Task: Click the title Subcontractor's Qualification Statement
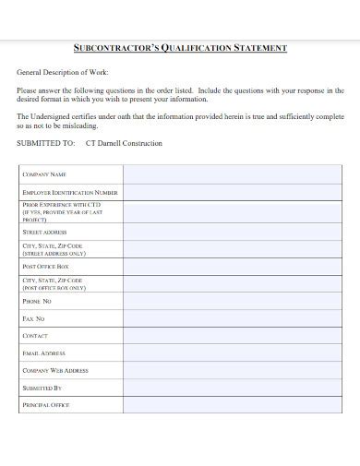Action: pyautogui.click(x=180, y=48)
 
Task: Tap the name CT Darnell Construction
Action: pyautogui.click(x=123, y=144)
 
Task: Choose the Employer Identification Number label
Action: pyautogui.click(x=70, y=193)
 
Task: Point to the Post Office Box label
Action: pyautogui.click(x=46, y=267)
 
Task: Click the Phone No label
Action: pyautogui.click(x=37, y=301)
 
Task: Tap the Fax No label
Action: pyautogui.click(x=33, y=318)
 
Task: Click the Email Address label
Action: pyautogui.click(x=43, y=353)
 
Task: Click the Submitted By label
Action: pyautogui.click(x=42, y=388)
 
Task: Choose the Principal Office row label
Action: pyautogui.click(x=46, y=405)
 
